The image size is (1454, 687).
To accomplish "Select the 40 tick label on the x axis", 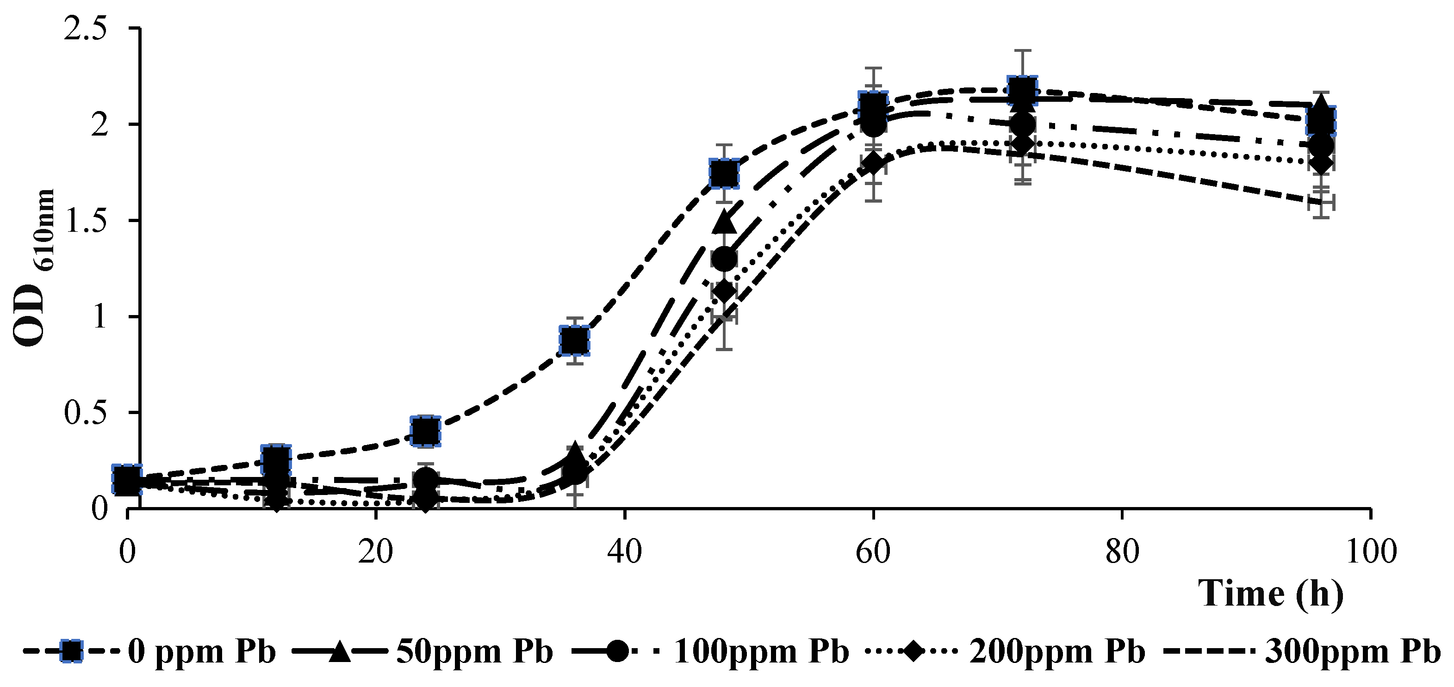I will (x=624, y=552).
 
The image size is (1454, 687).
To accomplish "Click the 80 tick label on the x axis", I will (x=1122, y=552).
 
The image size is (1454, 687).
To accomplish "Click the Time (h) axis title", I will (x=1270, y=594).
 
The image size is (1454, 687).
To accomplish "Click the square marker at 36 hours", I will (x=575, y=340).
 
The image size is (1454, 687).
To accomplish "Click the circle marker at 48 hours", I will (x=724, y=260).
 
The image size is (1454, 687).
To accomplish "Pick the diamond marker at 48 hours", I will (x=724, y=292).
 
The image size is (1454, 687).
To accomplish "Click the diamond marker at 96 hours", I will (x=1321, y=164).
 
